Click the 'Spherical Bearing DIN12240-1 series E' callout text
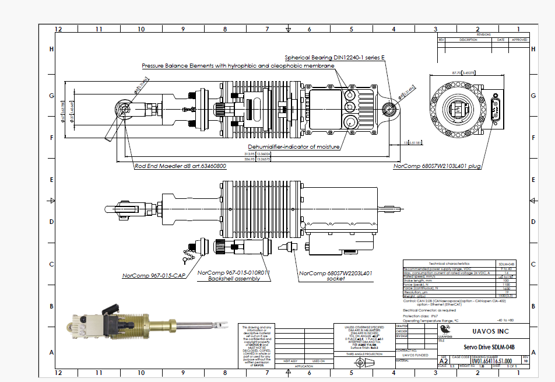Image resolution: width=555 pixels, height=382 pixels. coord(335,58)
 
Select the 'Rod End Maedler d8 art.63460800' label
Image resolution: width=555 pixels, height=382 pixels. coord(180,166)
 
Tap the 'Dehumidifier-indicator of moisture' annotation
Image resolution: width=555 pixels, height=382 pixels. coord(294,146)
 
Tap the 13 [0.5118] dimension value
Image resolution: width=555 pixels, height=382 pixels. coord(412,142)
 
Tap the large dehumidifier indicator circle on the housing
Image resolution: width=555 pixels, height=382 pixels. coord(350,122)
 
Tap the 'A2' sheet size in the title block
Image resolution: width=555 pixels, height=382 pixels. coord(444,362)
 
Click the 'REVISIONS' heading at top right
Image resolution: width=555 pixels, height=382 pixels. coord(483,35)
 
